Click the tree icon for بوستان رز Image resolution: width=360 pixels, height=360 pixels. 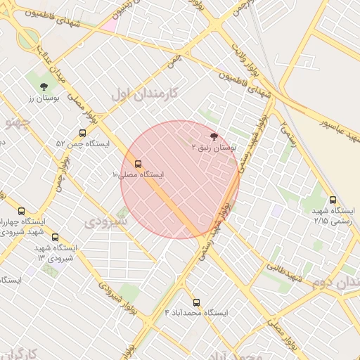(44, 86)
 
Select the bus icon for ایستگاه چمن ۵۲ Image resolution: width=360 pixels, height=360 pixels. (83, 132)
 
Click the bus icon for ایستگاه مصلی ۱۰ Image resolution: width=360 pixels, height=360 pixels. (137, 163)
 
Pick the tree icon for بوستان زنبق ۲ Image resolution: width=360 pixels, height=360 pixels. (214, 136)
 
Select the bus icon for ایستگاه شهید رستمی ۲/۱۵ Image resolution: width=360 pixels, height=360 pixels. (333, 199)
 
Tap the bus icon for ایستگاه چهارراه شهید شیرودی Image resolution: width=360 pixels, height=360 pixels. (20, 210)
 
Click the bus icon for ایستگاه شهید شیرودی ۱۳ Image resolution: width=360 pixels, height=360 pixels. (56, 237)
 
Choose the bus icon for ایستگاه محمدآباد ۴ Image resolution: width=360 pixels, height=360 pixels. (196, 301)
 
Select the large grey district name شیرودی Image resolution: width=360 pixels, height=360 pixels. (105, 221)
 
